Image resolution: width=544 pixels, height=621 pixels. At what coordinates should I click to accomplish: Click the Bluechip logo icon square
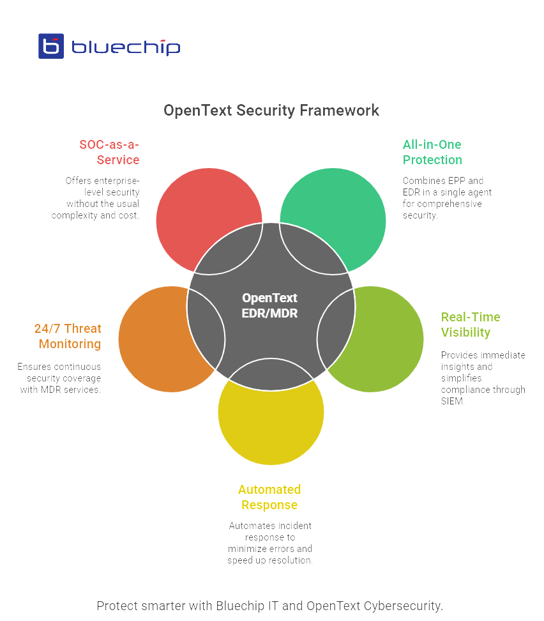(x=51, y=46)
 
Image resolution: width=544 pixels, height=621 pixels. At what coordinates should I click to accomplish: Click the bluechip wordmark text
(x=125, y=47)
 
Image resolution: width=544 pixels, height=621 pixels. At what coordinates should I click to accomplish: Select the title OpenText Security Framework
(x=271, y=110)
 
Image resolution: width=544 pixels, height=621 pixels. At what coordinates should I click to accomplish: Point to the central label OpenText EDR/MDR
(x=269, y=305)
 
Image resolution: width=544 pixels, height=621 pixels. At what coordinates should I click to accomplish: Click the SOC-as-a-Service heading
(x=109, y=152)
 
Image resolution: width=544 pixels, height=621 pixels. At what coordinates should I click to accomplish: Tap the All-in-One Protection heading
(x=432, y=152)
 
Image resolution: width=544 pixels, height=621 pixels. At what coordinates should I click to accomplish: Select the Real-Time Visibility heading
(x=470, y=325)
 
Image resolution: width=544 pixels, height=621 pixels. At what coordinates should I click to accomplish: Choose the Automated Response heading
(x=269, y=497)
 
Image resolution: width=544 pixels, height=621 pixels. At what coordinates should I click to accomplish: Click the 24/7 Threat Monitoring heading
(x=68, y=336)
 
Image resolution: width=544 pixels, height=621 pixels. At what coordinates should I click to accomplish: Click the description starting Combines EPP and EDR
(x=446, y=197)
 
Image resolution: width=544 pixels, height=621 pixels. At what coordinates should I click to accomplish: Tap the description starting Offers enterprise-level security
(x=96, y=197)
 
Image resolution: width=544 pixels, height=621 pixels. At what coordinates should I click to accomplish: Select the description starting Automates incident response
(x=269, y=542)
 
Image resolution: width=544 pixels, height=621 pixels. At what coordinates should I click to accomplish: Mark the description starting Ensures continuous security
(x=59, y=378)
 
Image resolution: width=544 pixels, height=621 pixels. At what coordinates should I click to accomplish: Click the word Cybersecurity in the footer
(x=402, y=605)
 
